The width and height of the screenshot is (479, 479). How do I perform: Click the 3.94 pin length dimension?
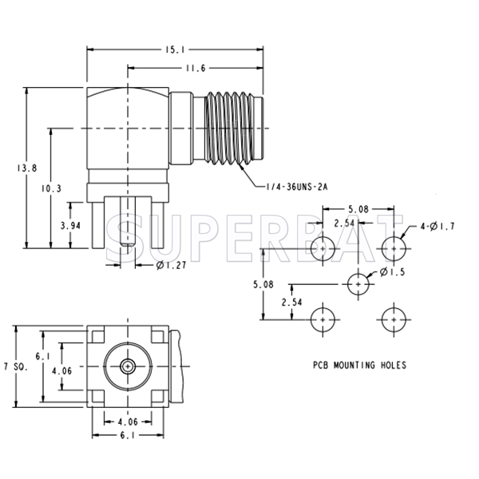pos(73,226)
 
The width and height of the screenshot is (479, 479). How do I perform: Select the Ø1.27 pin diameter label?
pos(170,265)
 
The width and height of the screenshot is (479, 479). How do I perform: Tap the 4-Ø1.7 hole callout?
pos(437,228)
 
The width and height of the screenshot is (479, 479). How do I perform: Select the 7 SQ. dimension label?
pos(14,366)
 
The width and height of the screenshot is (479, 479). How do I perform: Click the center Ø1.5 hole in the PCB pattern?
pos(358,283)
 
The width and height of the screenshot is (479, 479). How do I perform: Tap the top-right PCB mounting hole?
pos(394,247)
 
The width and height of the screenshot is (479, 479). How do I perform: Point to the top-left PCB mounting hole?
pos(323,247)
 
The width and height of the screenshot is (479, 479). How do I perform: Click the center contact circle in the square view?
pos(127,366)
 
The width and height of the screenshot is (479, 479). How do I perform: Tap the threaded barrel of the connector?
pos(231,130)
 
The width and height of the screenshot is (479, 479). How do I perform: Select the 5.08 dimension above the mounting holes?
pos(358,210)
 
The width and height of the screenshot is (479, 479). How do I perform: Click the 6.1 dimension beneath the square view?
pos(128,435)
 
